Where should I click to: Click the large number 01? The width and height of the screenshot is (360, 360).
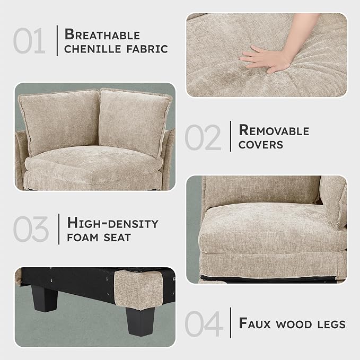point(29,41)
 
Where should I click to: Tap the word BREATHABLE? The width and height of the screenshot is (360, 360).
point(102,34)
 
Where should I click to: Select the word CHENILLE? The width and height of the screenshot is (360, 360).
point(93,49)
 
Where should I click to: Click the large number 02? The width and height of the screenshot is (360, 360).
point(203,137)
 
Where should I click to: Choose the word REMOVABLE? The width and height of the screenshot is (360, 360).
point(274,130)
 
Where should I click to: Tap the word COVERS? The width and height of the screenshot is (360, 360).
point(261,145)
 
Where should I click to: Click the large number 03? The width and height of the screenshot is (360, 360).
point(31,229)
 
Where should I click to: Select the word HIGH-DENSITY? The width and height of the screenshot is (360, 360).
point(113,223)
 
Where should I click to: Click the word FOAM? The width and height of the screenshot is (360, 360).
point(83,238)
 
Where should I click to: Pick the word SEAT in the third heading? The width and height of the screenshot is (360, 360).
point(117,238)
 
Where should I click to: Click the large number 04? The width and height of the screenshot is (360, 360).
point(204,323)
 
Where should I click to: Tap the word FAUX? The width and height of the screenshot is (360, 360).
point(254,323)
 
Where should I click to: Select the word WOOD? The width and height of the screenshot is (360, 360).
point(294,324)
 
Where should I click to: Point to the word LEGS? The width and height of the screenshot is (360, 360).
point(331,324)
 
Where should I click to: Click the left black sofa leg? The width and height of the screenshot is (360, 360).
point(45,298)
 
